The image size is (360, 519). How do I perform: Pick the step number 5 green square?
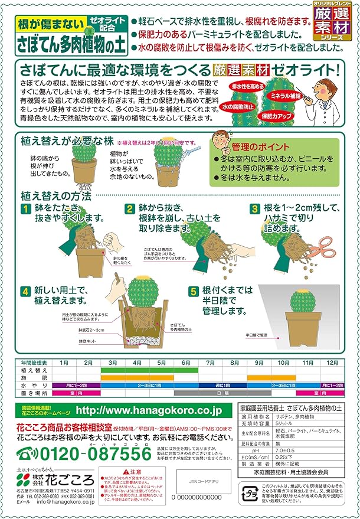point(194,291)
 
